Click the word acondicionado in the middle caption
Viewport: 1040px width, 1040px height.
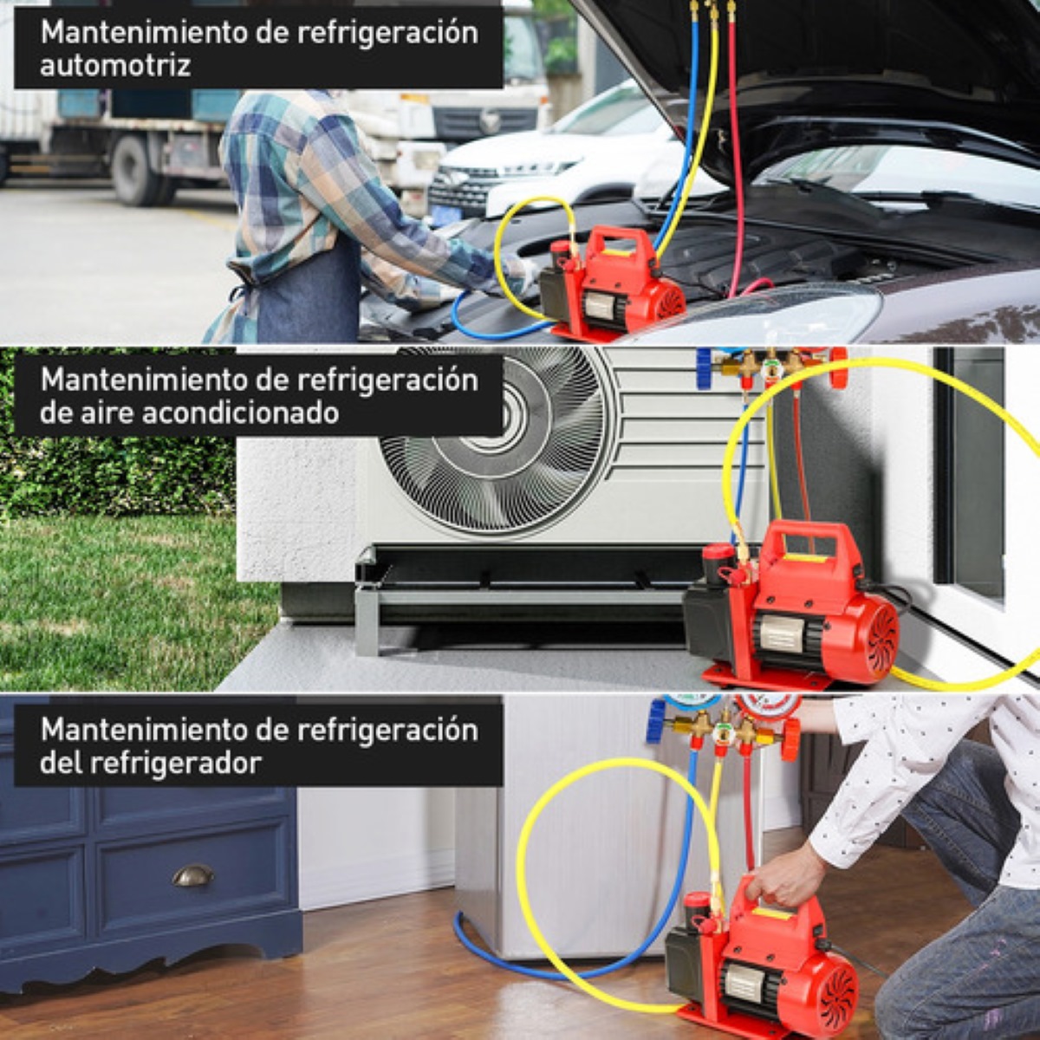pyautogui.click(x=239, y=413)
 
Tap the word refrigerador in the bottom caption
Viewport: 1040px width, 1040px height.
pyautogui.click(x=165, y=764)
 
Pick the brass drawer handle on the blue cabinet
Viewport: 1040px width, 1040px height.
pyautogui.click(x=192, y=876)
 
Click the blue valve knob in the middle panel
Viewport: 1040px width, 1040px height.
pyautogui.click(x=705, y=369)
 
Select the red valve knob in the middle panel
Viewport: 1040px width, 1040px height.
pyautogui.click(x=838, y=367)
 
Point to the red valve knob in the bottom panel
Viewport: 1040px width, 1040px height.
pyautogui.click(x=790, y=738)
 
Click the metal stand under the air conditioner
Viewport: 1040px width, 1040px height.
pyautogui.click(x=520, y=598)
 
